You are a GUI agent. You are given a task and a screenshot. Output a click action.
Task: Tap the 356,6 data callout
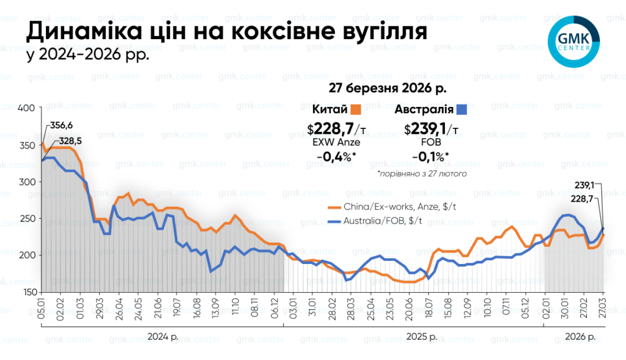pyautogui.click(x=61, y=125)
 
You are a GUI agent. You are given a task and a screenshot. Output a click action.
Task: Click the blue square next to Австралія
pyautogui.click(x=462, y=110)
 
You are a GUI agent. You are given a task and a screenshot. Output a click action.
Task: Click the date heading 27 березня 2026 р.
pyautogui.click(x=388, y=89)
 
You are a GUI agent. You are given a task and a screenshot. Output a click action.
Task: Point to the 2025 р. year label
pyautogui.click(x=421, y=337)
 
